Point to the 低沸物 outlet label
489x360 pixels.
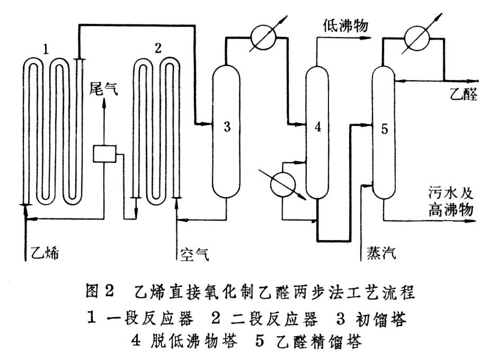[345, 24]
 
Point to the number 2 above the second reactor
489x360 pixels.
[157, 48]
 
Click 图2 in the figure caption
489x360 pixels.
[100, 291]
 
